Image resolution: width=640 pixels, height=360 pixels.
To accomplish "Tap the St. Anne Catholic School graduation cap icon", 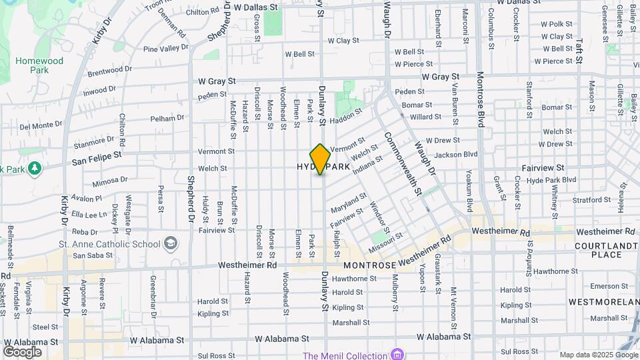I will [x=171, y=243].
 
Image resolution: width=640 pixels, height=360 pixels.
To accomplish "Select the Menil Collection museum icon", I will [x=398, y=353].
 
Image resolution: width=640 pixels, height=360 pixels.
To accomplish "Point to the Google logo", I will [x=22, y=352].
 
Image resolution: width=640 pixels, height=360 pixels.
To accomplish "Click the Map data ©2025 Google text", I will [x=597, y=355].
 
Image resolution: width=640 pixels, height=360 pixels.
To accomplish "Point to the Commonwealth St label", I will [x=403, y=163].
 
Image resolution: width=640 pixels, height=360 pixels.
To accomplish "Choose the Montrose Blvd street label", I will [x=480, y=101].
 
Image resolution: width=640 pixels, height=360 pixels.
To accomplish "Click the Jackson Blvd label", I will [x=456, y=155].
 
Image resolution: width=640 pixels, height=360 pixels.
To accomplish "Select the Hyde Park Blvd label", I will [x=551, y=181].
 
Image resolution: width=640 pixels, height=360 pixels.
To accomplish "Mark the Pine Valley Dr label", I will [x=166, y=49].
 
